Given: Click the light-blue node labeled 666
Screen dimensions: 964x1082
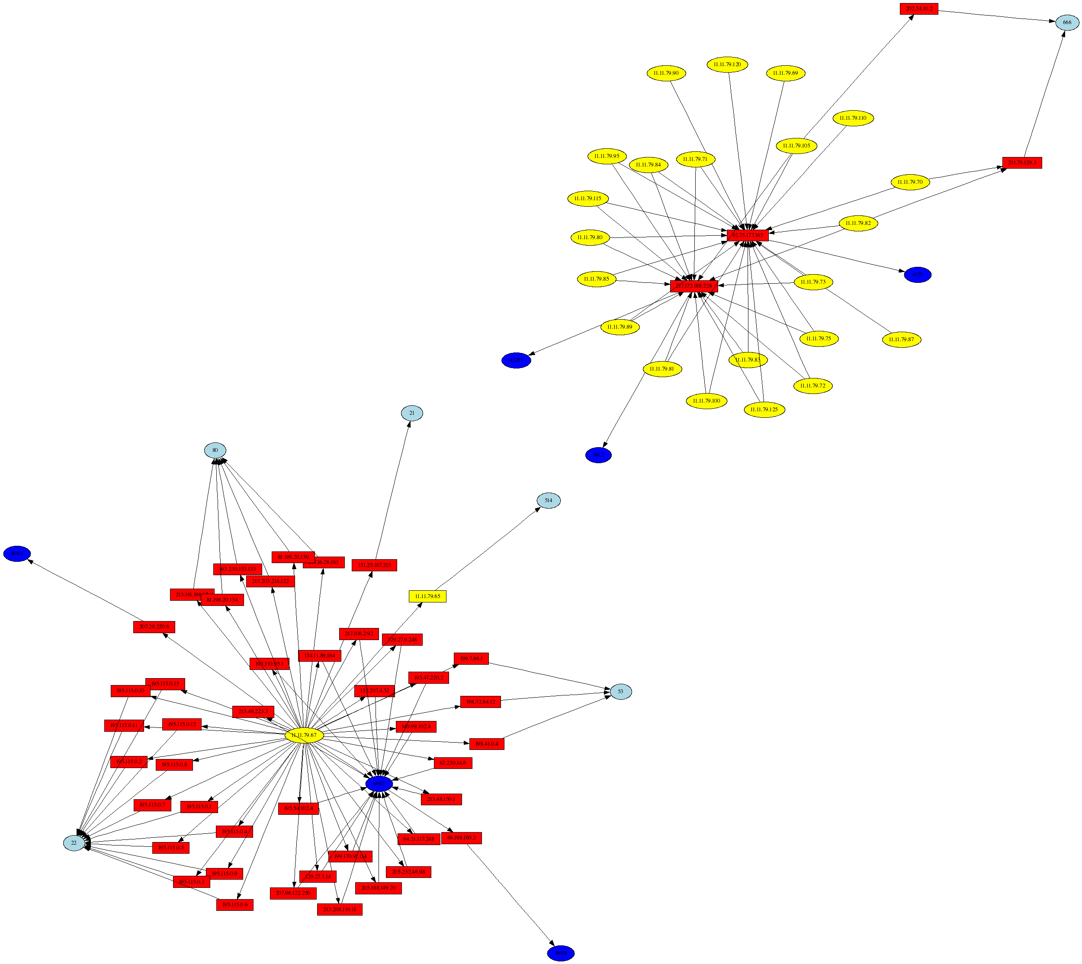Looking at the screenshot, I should click(1066, 22).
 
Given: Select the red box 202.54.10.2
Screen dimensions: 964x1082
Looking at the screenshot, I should click(919, 9).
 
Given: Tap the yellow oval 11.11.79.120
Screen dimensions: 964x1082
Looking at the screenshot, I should click(727, 64).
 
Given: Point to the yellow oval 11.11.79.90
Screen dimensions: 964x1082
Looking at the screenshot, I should click(666, 73).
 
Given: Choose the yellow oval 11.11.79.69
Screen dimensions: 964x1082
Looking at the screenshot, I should click(785, 73).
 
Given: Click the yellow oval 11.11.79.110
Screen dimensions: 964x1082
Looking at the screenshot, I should click(853, 118).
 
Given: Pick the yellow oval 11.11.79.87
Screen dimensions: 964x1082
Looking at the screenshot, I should click(901, 339).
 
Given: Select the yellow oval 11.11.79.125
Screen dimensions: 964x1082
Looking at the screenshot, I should click(764, 410).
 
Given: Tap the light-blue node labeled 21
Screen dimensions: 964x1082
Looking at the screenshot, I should click(412, 413).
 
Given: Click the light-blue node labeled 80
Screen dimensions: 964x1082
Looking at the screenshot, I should click(215, 450).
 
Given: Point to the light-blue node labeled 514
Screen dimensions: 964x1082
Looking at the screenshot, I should click(549, 500).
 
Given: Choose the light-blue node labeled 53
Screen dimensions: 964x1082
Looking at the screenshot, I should click(620, 691).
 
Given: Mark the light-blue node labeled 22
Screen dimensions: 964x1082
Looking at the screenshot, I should click(74, 843).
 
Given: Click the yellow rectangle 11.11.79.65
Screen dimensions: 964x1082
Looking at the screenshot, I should click(427, 596).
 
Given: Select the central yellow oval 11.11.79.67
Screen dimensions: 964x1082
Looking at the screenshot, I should click(304, 735).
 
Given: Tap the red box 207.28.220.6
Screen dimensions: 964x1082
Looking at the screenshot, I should click(154, 627).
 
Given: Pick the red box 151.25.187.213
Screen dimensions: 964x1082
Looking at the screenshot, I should click(374, 565).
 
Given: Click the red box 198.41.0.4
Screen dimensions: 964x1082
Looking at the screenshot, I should click(486, 744).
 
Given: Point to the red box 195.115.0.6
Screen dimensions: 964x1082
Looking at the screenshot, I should click(235, 905).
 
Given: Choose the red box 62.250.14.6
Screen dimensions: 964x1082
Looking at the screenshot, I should click(453, 763).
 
